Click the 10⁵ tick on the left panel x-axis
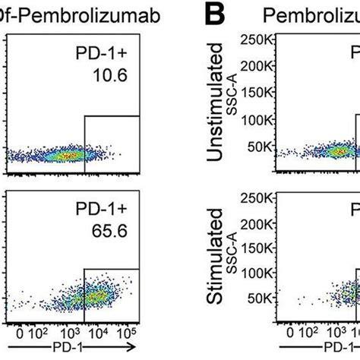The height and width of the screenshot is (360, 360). [129, 332]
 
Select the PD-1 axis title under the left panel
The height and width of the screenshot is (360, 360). [70, 350]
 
